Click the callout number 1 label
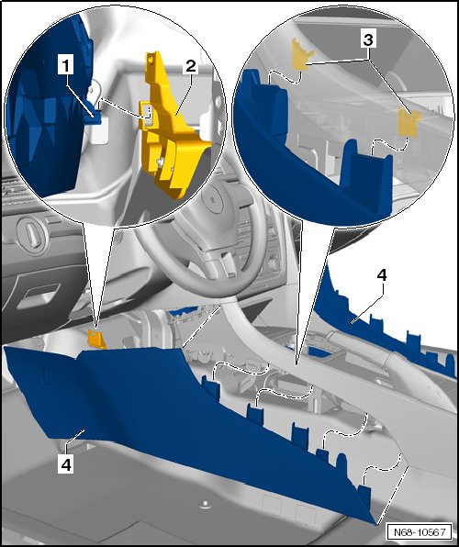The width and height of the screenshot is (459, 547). click(65, 66)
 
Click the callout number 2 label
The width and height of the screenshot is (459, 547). click(191, 66)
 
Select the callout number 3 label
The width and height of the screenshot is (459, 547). click(368, 39)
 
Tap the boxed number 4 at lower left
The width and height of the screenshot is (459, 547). click(65, 464)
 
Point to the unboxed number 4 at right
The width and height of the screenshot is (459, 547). click(382, 275)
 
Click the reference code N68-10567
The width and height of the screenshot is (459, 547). click(420, 532)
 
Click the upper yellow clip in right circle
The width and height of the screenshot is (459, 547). click(302, 54)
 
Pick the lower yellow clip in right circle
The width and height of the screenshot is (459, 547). click(409, 121)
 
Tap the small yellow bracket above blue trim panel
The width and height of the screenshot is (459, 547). click(96, 339)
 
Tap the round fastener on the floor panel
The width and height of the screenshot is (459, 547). click(206, 504)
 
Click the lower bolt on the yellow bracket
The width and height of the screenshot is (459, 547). click(161, 162)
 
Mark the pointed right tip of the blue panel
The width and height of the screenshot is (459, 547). click(376, 524)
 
